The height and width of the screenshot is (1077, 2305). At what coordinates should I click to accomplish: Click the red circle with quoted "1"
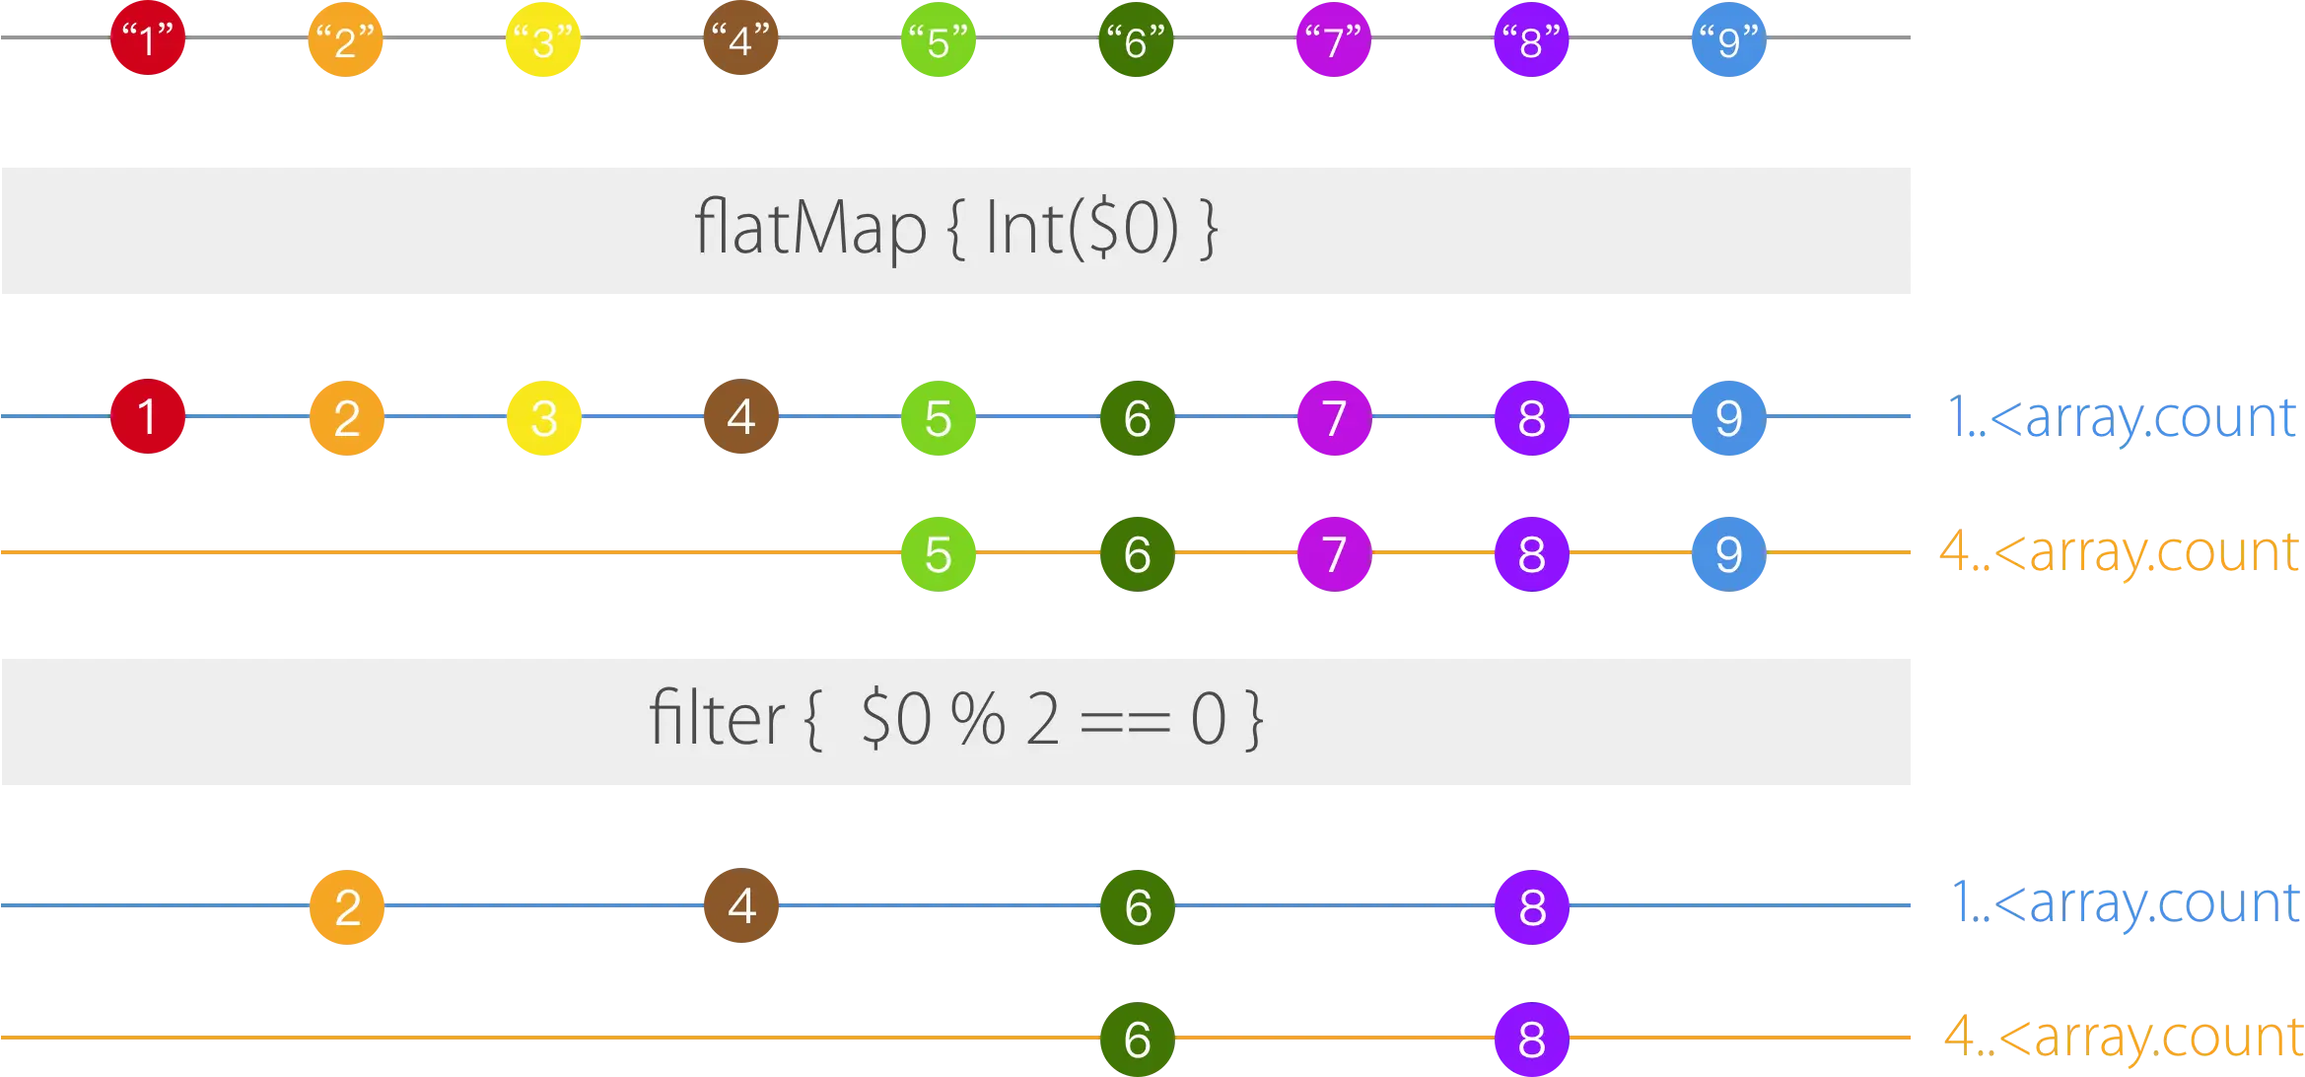(x=148, y=40)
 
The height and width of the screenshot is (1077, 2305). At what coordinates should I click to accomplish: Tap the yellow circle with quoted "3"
(x=543, y=40)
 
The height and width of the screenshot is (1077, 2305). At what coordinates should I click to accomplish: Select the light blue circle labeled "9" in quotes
(x=1727, y=40)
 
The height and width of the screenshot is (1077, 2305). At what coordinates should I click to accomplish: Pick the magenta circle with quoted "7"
(x=1333, y=40)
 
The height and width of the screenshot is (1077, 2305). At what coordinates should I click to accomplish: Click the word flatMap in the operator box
(x=809, y=229)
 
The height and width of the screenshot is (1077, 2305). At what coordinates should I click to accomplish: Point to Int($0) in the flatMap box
(x=1082, y=229)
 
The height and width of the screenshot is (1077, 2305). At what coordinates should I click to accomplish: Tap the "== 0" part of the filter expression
(x=1153, y=720)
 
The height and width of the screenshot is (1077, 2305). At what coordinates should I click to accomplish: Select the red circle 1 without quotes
(x=148, y=416)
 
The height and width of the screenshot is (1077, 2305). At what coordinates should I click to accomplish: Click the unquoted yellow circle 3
(x=543, y=417)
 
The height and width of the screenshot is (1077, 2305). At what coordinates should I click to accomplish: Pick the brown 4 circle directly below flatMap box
(x=741, y=416)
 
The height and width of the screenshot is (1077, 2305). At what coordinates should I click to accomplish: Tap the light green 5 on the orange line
(x=939, y=553)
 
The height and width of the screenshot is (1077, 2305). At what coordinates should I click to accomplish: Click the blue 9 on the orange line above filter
(x=1727, y=553)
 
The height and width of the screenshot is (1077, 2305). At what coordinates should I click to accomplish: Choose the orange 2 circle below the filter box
(x=347, y=906)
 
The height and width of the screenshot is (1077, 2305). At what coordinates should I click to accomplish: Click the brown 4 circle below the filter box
(x=741, y=905)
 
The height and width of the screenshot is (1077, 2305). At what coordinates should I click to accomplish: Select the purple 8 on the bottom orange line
(x=1531, y=1039)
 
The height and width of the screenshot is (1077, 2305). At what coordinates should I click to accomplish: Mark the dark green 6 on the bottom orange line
(x=1136, y=1039)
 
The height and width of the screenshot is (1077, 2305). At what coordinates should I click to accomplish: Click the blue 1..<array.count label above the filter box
(x=2124, y=418)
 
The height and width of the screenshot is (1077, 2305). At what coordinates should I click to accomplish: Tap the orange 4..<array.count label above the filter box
(x=2120, y=553)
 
